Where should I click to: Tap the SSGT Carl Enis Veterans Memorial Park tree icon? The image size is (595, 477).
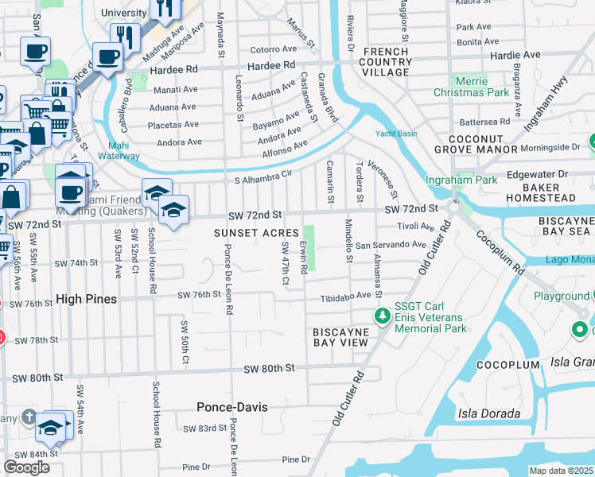point(383,316)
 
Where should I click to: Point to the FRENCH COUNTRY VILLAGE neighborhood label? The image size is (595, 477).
point(386,62)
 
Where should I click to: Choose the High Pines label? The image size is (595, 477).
point(86,299)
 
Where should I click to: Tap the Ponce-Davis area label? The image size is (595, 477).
point(232,407)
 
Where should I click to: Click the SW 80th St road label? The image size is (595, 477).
point(269,368)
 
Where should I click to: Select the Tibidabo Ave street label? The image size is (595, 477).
point(346,296)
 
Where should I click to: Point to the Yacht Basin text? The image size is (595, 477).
point(396,134)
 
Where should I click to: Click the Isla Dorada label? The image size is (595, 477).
point(488,413)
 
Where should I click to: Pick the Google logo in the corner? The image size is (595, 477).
point(26,467)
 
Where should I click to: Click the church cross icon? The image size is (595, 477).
point(28,417)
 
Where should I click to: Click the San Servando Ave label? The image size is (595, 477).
point(391,245)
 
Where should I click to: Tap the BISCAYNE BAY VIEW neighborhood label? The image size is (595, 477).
point(340,336)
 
